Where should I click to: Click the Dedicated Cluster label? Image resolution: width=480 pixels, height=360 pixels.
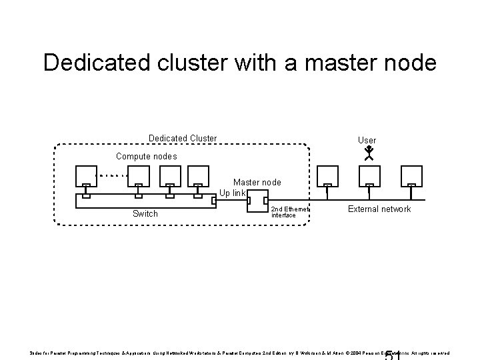pos(182,139)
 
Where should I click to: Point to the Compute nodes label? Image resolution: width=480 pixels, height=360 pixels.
pos(147,156)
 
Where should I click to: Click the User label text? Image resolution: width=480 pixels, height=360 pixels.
pos(367,141)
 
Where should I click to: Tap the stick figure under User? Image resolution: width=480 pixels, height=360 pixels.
pos(367,155)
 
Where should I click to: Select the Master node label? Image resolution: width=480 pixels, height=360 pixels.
pos(257,182)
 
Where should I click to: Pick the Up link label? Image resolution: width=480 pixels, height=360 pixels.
pos(233,193)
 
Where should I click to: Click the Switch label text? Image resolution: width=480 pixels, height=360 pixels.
pos(145,214)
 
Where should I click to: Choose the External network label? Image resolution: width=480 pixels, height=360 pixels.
pos(379,209)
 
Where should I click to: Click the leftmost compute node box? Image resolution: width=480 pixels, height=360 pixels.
pos(86,175)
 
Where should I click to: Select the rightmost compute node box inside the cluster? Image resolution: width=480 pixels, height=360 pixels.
pos(197,175)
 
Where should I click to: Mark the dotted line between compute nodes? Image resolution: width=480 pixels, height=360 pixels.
pos(114,176)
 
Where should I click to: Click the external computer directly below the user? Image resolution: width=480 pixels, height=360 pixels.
pos(369,175)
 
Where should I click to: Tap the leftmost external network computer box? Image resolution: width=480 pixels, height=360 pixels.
pos(327,175)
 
